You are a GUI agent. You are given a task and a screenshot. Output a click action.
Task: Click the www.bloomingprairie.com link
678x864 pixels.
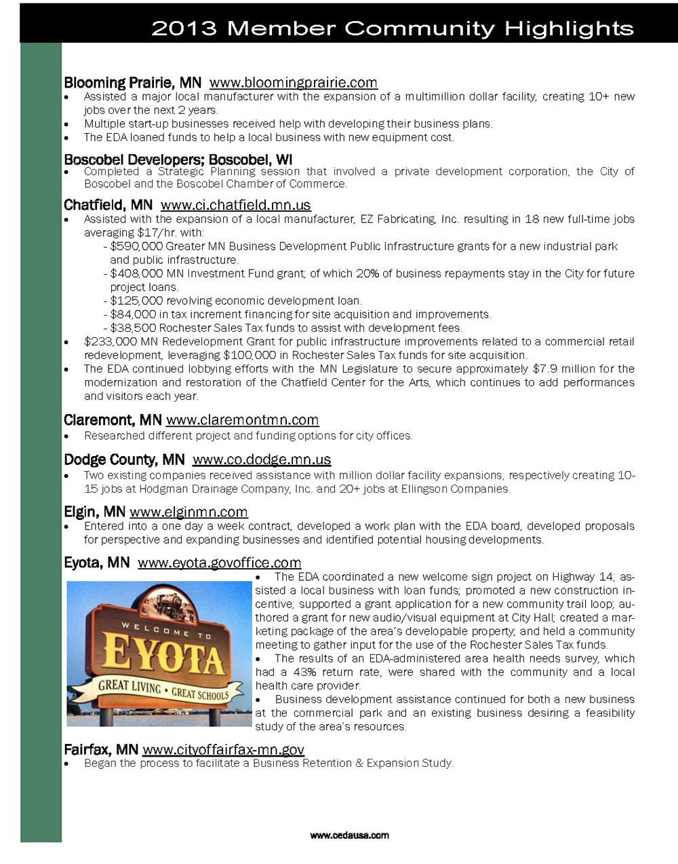pyautogui.click(x=293, y=83)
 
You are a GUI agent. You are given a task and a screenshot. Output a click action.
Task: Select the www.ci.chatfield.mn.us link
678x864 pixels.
pyautogui.click(x=235, y=205)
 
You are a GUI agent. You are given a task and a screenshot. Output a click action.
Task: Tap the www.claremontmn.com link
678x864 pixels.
pyautogui.click(x=242, y=420)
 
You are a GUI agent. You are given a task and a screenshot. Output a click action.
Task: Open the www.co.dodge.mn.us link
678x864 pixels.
pyautogui.click(x=262, y=459)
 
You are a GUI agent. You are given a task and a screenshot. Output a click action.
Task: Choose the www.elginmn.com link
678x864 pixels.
pyautogui.click(x=188, y=512)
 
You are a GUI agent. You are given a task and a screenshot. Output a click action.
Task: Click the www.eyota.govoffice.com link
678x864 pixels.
pyautogui.click(x=219, y=563)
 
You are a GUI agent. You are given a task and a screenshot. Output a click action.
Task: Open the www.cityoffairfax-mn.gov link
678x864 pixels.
pyautogui.click(x=223, y=749)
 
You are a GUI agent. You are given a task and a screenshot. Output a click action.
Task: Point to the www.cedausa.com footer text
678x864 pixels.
pyautogui.click(x=349, y=835)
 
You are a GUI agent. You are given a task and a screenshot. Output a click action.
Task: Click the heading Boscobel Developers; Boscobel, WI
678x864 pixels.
pyautogui.click(x=178, y=160)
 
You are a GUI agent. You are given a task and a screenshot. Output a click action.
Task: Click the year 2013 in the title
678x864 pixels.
pyautogui.click(x=184, y=29)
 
